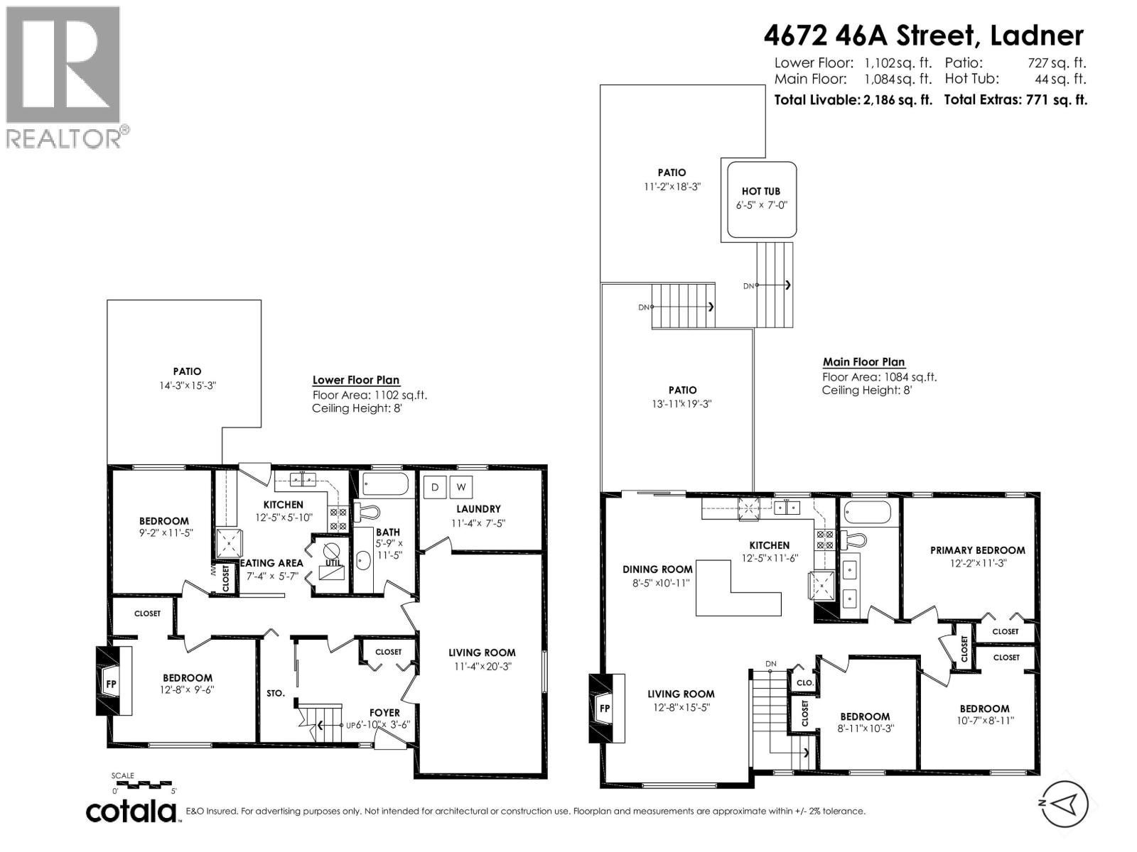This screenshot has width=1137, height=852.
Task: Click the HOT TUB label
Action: [760, 192]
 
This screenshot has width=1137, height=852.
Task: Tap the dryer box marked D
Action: [435, 487]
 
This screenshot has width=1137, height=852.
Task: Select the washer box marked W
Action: [461, 487]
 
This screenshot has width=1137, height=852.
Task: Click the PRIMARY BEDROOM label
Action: [977, 550]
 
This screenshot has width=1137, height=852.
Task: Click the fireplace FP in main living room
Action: [605, 708]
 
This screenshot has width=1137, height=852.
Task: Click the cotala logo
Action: [132, 811]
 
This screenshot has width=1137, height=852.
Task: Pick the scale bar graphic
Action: [144, 785]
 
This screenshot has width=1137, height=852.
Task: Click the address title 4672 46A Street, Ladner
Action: [924, 34]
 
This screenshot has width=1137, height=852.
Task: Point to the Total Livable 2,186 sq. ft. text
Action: [853, 100]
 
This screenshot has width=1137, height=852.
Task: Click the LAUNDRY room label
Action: [478, 509]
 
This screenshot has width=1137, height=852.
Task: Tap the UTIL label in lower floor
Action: [333, 563]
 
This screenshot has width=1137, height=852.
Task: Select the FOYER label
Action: [384, 712]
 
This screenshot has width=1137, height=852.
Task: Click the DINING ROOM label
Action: [657, 569]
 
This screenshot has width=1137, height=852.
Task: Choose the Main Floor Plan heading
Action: [863, 362]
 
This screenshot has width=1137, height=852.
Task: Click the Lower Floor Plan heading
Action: [356, 381]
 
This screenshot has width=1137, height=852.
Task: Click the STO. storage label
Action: [276, 693]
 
